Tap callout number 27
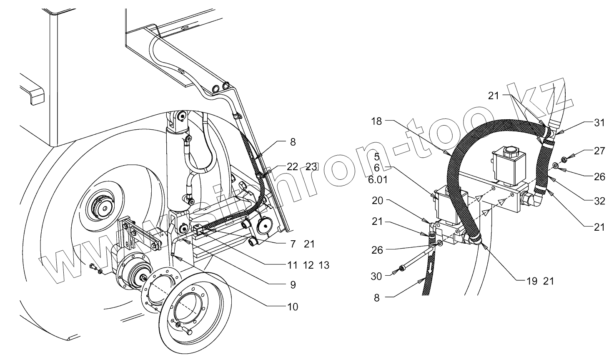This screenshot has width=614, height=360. (x=599, y=151)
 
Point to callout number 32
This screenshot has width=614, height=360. (x=599, y=201)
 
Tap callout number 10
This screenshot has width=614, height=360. (x=293, y=307)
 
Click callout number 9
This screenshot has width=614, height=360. (x=293, y=285)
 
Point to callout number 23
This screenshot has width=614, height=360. (x=312, y=167)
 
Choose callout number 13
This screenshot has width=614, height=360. (x=323, y=265)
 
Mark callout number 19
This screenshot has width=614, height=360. (x=531, y=281)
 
